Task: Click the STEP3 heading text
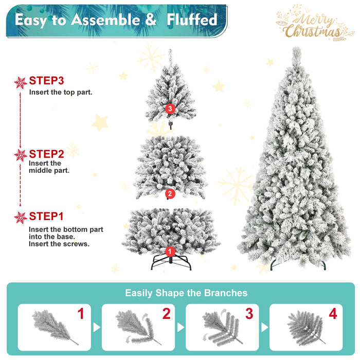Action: pyautogui.click(x=46, y=81)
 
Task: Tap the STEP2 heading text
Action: pyautogui.click(x=46, y=154)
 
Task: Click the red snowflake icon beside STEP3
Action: pyautogui.click(x=21, y=82)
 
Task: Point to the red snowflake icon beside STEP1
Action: pyautogui.click(x=21, y=218)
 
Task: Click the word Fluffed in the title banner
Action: pyautogui.click(x=191, y=20)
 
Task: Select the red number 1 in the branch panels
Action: pyautogui.click(x=80, y=314)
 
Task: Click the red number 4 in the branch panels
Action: pyautogui.click(x=333, y=314)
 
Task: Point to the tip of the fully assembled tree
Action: pyautogui.click(x=296, y=50)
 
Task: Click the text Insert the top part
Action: pyautogui.click(x=61, y=93)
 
